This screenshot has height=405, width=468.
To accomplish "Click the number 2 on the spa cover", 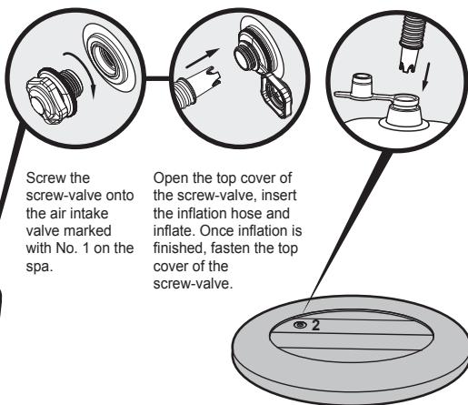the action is point(315,325).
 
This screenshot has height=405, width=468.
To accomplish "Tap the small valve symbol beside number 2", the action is point(300,325).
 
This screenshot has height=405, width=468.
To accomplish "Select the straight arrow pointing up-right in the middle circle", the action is point(203,57).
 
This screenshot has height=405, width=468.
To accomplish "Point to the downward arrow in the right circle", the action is point(426,76).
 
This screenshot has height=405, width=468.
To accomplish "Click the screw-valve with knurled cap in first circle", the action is point(54,96).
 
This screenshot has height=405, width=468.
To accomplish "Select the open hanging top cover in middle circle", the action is point(274,97).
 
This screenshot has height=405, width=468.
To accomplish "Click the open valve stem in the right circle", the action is point(403,113).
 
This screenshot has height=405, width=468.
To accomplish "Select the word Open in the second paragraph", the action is point(171,178).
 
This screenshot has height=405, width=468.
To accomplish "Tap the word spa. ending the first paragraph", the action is point(40,268).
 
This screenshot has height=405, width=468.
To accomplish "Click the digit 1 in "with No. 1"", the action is point(86,248).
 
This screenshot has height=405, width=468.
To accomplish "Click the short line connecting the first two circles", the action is point(158,79).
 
